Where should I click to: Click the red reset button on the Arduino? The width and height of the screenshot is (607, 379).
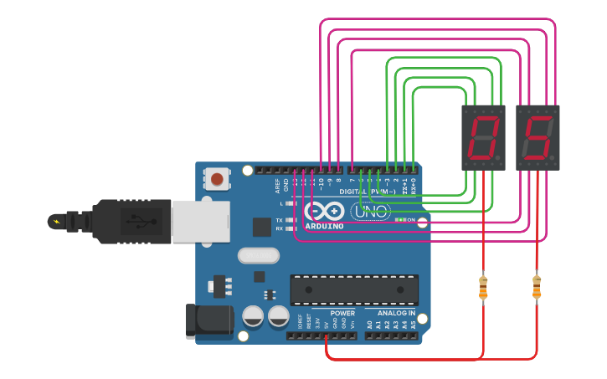click(x=217, y=178)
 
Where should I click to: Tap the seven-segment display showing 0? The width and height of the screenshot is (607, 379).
click(x=483, y=137)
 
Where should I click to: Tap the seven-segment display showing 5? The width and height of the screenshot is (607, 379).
click(x=537, y=137)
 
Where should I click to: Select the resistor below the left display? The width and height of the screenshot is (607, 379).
click(x=483, y=287)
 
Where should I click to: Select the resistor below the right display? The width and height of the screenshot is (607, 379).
click(x=537, y=287)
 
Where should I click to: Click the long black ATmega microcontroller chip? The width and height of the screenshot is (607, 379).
click(x=354, y=289)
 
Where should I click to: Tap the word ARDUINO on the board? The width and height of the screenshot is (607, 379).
click(x=325, y=226)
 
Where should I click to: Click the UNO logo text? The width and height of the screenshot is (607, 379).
click(x=370, y=213)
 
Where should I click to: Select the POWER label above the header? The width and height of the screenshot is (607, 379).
click(x=342, y=313)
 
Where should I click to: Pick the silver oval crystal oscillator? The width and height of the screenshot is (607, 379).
click(x=259, y=255)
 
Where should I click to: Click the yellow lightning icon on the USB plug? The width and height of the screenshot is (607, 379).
click(x=57, y=222)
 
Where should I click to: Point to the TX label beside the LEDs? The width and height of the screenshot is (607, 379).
click(x=278, y=220)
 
